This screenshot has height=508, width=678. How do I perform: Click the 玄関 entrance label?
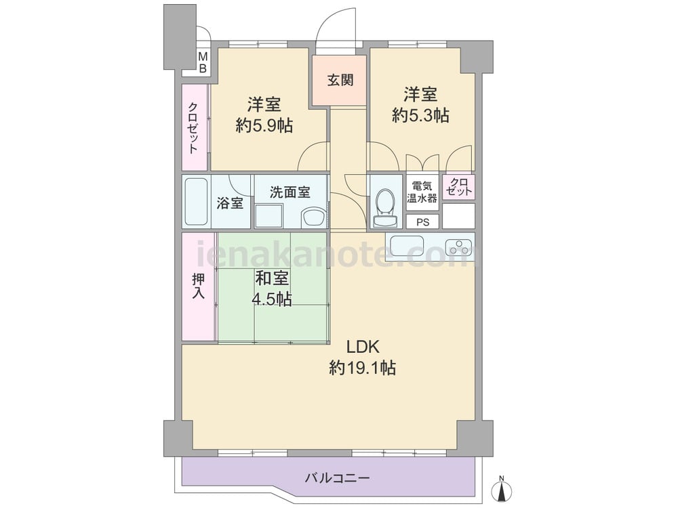[340, 80]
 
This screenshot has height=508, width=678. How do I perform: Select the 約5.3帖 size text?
[420, 115]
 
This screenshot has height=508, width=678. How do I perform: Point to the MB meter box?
[202, 63]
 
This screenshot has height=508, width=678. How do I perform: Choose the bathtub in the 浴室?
[197, 202]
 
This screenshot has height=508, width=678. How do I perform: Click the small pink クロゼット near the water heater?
[458, 187]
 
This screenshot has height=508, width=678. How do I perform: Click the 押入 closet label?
[198, 286]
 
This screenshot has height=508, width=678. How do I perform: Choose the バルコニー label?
[337, 478]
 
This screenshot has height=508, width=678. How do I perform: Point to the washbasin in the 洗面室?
[314, 217]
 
